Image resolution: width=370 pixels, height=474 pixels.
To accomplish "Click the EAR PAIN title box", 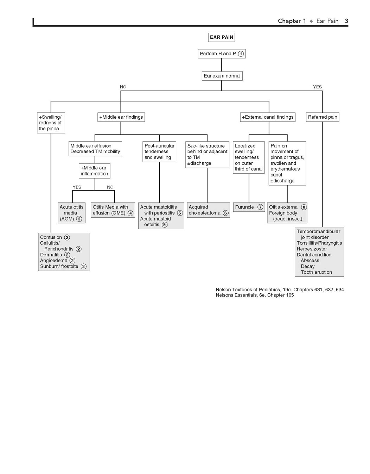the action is [222, 37].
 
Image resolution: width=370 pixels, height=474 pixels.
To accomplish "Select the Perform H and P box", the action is [222, 54].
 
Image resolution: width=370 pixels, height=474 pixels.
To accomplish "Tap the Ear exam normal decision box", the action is [222, 76].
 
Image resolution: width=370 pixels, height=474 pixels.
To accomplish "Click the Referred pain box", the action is [323, 117].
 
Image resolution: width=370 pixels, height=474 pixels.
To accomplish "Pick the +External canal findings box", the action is [268, 117].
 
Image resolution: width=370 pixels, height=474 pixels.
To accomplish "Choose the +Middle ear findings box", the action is [121, 117].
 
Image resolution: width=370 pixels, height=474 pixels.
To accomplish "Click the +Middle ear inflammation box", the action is [95, 171].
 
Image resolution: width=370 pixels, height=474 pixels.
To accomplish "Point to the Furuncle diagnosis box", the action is [249, 207].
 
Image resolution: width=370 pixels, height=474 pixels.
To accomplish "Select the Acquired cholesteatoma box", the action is [209, 210].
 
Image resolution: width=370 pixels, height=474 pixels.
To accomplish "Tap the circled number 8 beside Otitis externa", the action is [304, 207].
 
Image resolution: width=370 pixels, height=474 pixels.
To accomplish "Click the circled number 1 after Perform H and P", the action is [241, 54].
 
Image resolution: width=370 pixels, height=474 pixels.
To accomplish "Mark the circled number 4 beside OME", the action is [130, 213].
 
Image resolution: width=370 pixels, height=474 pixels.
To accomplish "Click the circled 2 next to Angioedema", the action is [72, 261].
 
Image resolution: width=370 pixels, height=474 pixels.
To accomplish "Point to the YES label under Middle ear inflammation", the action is [77, 187].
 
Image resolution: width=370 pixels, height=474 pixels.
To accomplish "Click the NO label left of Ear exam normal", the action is [123, 87].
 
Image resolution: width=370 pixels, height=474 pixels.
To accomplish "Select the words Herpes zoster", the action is [312, 249].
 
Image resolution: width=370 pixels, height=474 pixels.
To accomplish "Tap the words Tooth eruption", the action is [317, 272].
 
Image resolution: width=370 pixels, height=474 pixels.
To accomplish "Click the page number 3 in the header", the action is [346, 21].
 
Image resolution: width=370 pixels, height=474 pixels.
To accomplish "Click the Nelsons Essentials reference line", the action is [255, 295].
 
